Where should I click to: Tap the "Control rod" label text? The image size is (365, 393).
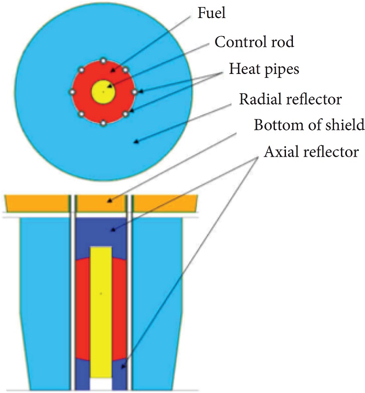[x=255, y=43]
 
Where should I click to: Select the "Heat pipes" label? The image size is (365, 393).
[x=264, y=69]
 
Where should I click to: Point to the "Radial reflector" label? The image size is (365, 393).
[x=291, y=99]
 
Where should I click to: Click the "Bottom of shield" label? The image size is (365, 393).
[x=310, y=125]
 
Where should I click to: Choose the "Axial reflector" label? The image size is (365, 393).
[x=311, y=152]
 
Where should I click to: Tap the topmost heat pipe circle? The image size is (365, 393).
[x=103, y=61]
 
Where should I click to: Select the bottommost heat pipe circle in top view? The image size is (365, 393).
[x=103, y=123]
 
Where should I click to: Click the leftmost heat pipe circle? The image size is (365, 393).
[x=72, y=92]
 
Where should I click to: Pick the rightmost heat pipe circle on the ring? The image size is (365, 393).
[x=134, y=92]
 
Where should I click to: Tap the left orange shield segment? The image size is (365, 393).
[x=37, y=203]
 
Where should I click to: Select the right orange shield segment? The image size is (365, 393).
[x=165, y=203]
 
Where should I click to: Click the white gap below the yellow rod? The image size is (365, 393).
[x=101, y=384]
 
